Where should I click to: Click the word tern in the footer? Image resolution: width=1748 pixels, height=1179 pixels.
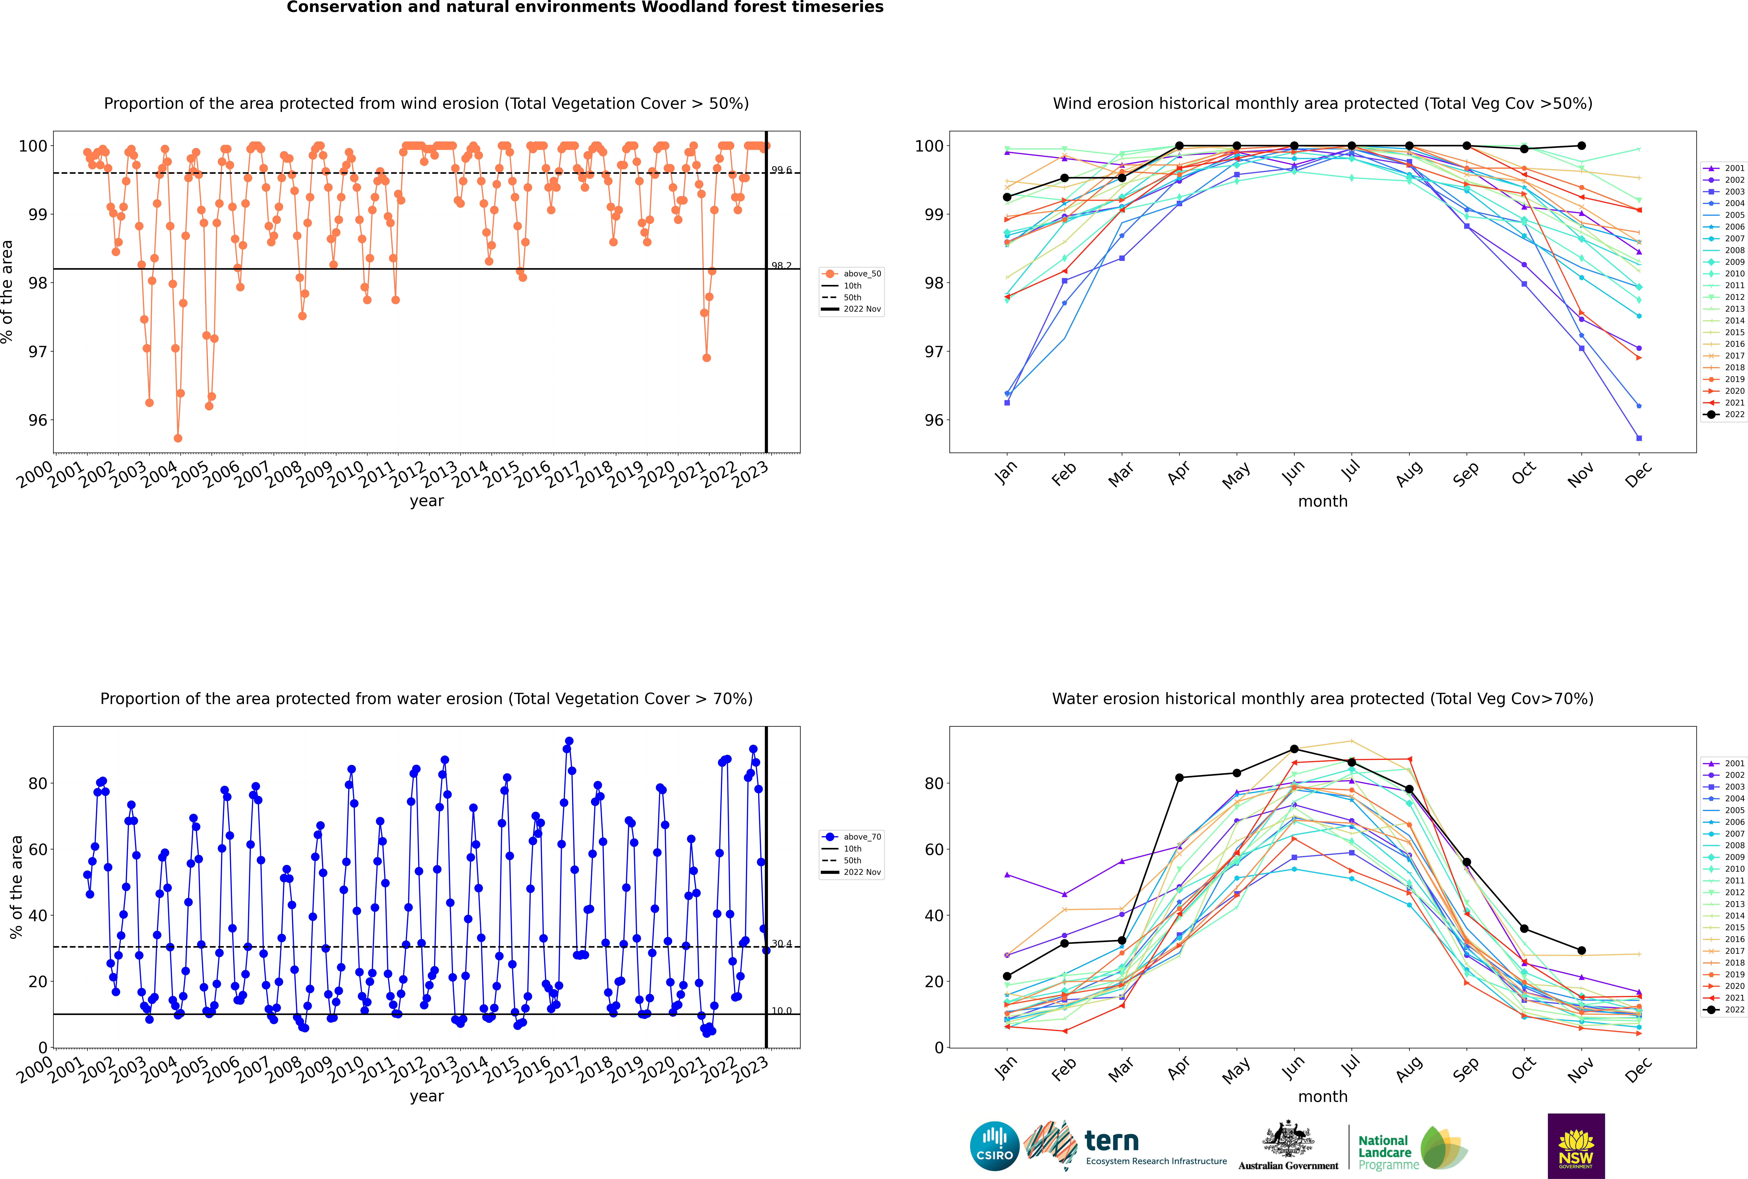click(x=1111, y=1141)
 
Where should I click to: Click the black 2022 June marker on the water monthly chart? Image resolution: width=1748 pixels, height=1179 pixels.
click(x=1294, y=749)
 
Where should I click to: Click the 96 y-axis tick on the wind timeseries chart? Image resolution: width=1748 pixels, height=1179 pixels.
click(x=37, y=420)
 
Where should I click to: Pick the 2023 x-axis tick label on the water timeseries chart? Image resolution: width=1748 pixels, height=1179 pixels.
click(x=751, y=1069)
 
